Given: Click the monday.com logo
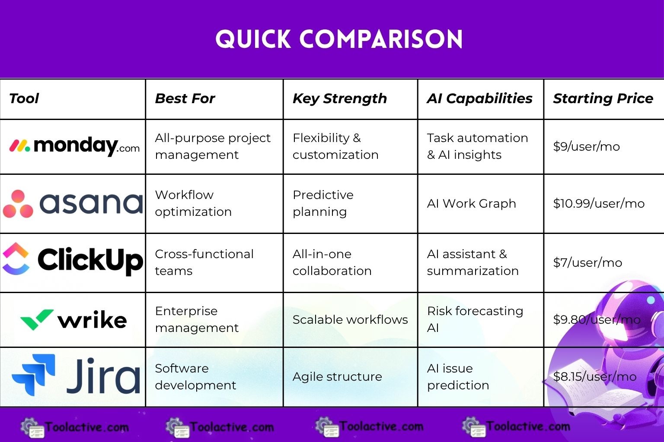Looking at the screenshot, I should (x=74, y=146).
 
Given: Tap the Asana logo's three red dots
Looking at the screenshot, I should (x=18, y=204).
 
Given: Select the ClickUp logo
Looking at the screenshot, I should (x=73, y=260).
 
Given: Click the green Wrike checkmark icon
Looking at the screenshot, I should (x=37, y=319).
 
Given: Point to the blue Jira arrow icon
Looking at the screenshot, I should (x=34, y=375).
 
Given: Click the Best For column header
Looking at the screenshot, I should (x=185, y=98).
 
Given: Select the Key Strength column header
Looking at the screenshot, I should (x=339, y=98).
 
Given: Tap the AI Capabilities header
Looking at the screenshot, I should (x=479, y=98).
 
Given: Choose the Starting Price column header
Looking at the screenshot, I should (x=603, y=98).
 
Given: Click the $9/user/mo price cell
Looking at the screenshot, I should (x=586, y=146).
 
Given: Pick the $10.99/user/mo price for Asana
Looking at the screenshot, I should (x=599, y=203).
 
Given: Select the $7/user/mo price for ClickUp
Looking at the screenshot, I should (x=587, y=262).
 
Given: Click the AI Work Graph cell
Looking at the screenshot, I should (x=471, y=203).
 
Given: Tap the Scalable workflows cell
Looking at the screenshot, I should (x=350, y=319).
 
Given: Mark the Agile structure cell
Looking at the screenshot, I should (x=337, y=376).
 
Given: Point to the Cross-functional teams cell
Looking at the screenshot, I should (x=204, y=262).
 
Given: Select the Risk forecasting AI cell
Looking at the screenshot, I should (x=475, y=319).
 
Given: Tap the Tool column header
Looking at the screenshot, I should (x=24, y=98).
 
